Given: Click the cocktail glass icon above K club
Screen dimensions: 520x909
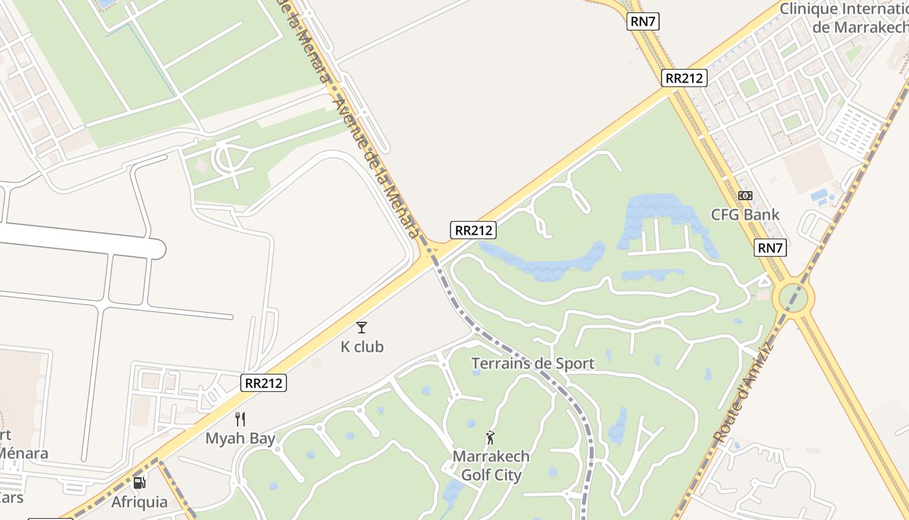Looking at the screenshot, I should click(x=362, y=328).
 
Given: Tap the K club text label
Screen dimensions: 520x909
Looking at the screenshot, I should click(x=362, y=347).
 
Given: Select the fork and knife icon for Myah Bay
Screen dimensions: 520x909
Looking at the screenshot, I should click(x=240, y=419).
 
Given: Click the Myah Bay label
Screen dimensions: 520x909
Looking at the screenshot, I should click(x=240, y=438).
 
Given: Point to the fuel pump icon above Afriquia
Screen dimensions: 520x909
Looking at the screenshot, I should click(x=139, y=483).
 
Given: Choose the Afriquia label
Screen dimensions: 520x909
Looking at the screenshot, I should click(x=139, y=502).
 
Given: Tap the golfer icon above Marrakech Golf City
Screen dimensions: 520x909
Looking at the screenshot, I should click(x=490, y=437).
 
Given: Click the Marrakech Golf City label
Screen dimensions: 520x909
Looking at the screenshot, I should click(x=491, y=465).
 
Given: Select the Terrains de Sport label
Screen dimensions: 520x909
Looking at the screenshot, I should click(x=532, y=363).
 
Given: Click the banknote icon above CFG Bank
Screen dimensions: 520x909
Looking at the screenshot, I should click(x=745, y=196).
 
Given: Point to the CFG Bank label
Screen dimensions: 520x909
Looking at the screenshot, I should click(x=745, y=214).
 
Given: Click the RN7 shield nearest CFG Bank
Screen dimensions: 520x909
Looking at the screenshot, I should click(x=771, y=248).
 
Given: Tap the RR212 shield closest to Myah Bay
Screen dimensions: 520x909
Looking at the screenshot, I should click(x=264, y=383).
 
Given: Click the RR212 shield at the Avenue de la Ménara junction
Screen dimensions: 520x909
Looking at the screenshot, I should click(x=473, y=230).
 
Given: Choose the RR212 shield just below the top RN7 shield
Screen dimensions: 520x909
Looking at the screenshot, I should click(x=684, y=78).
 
